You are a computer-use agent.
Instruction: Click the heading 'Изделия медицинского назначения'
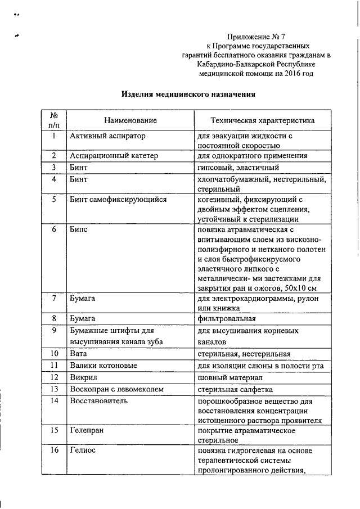[x=189, y=94]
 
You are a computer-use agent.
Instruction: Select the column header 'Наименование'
[x=130, y=120]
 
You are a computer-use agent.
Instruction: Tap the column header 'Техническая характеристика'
[x=262, y=120]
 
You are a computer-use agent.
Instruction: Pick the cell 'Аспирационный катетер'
[x=114, y=156]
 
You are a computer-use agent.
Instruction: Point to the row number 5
[x=53, y=199]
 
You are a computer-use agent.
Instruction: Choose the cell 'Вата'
[x=78, y=354]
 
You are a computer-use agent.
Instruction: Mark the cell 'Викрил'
[x=83, y=377]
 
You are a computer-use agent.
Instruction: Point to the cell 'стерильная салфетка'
[x=235, y=389]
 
